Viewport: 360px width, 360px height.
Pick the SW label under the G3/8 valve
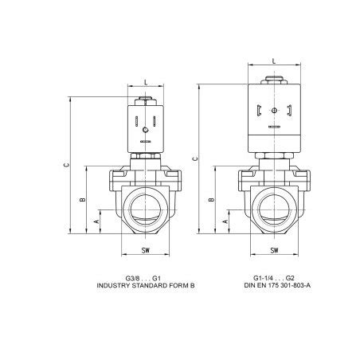point(145,251)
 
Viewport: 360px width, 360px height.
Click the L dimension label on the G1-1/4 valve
point(274,61)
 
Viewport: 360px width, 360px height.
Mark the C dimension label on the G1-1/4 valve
point(196,158)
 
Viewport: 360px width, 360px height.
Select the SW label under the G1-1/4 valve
point(274,251)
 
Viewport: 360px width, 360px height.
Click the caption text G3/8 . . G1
point(144,277)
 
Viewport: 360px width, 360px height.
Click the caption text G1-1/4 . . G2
point(273,277)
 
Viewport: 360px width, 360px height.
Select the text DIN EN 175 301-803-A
point(273,284)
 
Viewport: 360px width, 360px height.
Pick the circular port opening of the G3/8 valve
point(145,206)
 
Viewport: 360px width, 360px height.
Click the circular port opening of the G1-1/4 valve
point(274,206)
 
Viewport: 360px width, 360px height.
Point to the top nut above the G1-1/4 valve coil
point(274,78)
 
